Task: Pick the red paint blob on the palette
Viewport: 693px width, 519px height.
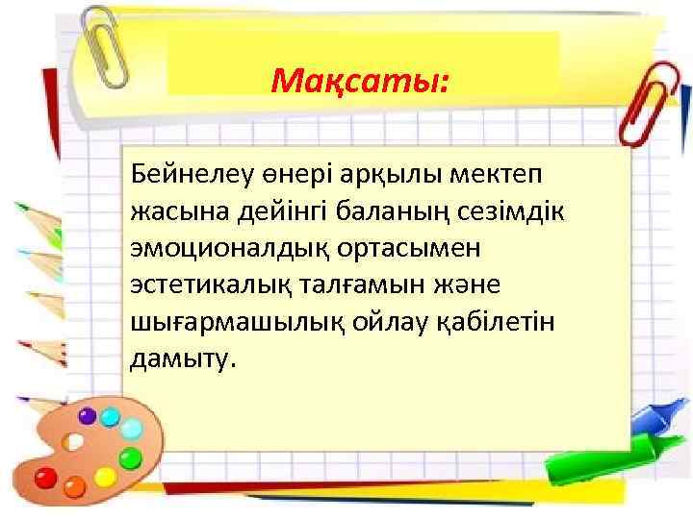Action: (44, 477)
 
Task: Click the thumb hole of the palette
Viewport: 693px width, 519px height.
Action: (72, 441)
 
